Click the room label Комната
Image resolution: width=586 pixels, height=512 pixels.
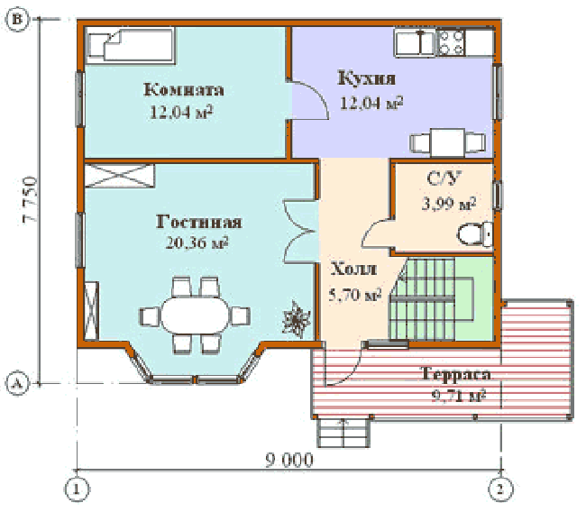(x=184, y=90)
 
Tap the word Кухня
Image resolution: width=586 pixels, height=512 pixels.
(x=366, y=78)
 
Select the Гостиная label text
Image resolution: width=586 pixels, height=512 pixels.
(x=198, y=222)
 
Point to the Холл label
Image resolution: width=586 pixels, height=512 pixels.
(x=353, y=270)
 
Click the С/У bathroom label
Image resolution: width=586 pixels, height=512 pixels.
(x=444, y=178)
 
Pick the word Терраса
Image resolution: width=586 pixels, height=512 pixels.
(x=456, y=374)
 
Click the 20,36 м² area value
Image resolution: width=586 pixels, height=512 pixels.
(x=197, y=242)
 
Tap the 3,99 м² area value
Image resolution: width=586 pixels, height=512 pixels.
(x=448, y=204)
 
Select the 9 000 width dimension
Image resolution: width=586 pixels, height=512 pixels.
(x=289, y=460)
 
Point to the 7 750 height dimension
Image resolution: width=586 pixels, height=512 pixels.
(x=30, y=200)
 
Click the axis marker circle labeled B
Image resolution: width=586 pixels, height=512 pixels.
(x=17, y=19)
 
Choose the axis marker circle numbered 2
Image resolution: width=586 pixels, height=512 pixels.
(x=500, y=489)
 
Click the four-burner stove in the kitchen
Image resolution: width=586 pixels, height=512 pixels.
(x=451, y=42)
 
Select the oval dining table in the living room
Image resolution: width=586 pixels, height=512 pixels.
(x=195, y=315)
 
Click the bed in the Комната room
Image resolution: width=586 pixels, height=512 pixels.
(x=130, y=45)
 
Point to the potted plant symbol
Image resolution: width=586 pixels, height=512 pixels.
(x=297, y=319)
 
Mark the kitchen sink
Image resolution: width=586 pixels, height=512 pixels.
(x=415, y=43)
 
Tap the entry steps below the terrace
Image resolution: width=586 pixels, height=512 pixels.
(x=343, y=433)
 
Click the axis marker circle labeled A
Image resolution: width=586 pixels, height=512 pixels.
(x=17, y=384)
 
